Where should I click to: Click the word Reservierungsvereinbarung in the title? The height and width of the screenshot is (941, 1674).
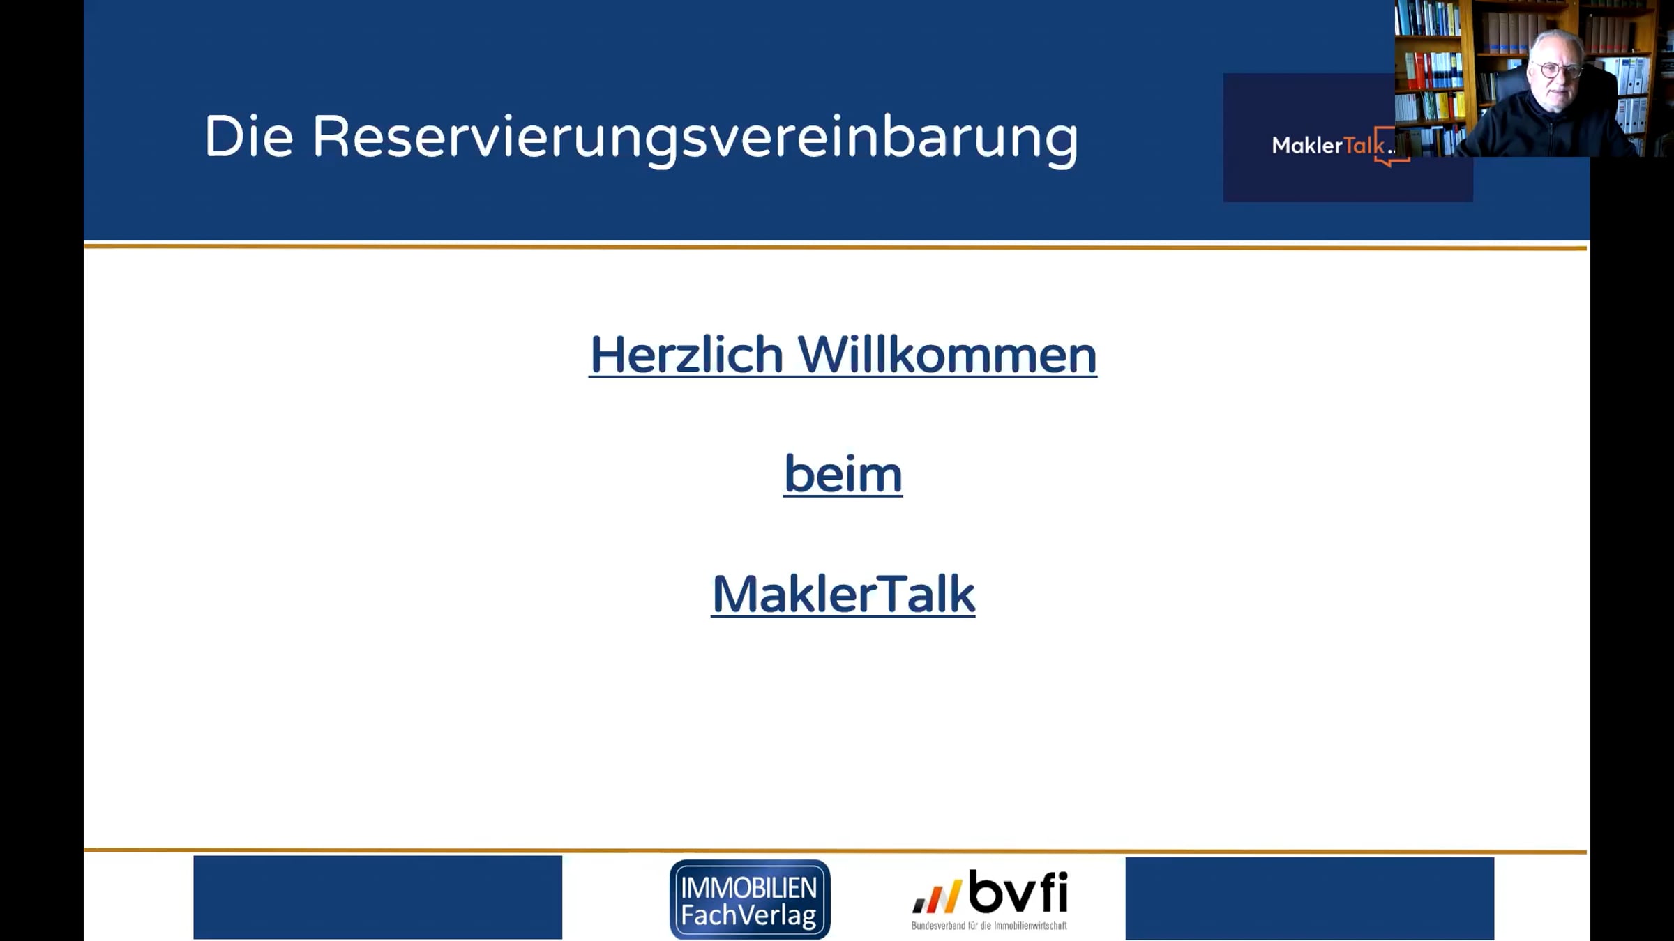695,139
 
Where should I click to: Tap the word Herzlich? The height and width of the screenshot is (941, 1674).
687,355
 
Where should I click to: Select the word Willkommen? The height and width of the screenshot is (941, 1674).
947,355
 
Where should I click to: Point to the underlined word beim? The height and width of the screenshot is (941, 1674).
843,474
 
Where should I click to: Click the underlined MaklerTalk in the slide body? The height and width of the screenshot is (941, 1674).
843,595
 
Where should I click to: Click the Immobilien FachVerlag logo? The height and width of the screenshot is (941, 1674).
750,899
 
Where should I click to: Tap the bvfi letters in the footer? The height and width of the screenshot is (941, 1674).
1018,892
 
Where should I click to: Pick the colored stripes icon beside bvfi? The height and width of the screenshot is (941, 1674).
937,896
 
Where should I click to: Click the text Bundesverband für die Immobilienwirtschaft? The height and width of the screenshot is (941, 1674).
989,926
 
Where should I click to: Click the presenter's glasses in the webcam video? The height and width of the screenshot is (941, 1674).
1557,70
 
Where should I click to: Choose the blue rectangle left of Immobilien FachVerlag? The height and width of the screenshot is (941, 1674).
378,897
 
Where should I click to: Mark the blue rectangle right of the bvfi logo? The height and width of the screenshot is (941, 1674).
1310,898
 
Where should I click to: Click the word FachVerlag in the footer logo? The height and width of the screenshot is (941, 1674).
748,915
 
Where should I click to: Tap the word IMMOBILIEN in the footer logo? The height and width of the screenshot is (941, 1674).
749,887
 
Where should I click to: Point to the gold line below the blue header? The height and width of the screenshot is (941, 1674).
836,247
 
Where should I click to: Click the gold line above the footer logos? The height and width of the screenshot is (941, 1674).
836,851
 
